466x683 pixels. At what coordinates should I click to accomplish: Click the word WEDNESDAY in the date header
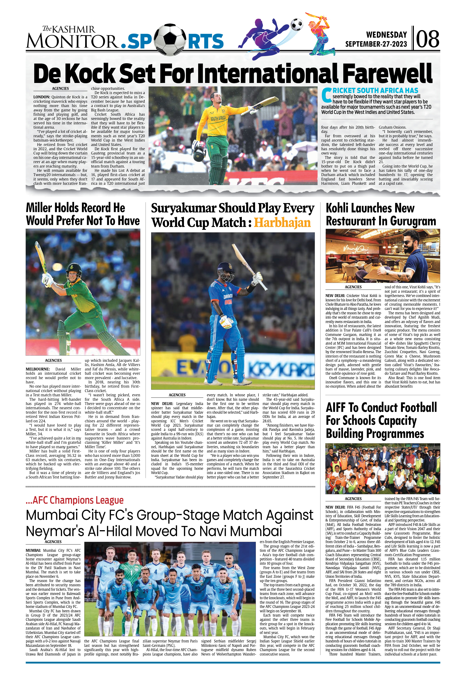point(386,35)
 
